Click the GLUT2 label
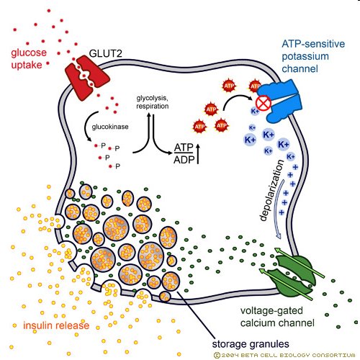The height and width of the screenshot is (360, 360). [x=105, y=53]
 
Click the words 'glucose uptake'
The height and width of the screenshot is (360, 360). [x=29, y=58]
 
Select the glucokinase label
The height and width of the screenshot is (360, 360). [x=110, y=127]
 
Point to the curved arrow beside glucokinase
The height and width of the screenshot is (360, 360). [x=86, y=126]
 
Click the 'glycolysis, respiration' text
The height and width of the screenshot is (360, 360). [x=153, y=102]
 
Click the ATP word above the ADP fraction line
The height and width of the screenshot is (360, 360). [x=184, y=148]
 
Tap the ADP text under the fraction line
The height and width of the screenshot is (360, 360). [x=184, y=160]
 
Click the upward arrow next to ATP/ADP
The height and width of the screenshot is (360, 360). [x=198, y=154]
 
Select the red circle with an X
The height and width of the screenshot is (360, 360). [x=264, y=104]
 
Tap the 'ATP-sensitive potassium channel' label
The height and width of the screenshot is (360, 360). [x=313, y=56]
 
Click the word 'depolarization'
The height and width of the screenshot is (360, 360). [x=272, y=190]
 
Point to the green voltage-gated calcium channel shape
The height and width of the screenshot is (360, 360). [x=292, y=274]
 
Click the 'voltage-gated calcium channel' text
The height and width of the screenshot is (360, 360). [x=277, y=317]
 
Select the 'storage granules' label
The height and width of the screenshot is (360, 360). [x=251, y=344]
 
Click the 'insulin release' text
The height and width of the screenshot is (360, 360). [x=56, y=325]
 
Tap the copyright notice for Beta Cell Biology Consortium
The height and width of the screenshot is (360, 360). [x=284, y=355]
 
